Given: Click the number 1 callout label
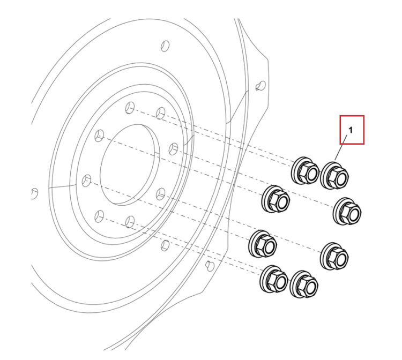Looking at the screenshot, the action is pos(351,130).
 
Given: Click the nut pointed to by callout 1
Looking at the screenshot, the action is pos(334,176).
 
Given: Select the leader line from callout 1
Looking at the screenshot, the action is pos(341,148).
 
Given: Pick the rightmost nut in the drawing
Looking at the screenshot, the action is pos(347,212).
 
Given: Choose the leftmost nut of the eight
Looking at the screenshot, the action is pos(263,244).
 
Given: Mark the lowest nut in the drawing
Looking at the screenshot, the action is pos(304,284).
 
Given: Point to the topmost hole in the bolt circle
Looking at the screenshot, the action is pos(130,108).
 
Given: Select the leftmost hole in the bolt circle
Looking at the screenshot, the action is pos(86,181).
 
